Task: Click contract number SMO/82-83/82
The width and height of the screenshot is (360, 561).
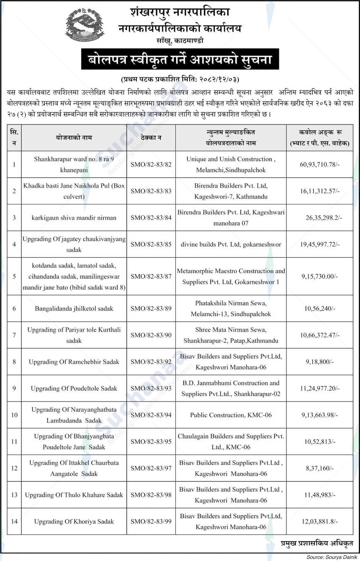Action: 151,164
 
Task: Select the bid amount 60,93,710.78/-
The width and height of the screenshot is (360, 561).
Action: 319,164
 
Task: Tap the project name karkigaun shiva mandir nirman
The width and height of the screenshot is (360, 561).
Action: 74,218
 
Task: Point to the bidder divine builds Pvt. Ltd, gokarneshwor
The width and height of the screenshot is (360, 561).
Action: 231,244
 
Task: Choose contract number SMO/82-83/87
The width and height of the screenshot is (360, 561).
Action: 151,277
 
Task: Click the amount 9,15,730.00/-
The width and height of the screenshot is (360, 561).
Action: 319,277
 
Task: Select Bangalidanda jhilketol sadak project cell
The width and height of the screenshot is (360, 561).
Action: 74,309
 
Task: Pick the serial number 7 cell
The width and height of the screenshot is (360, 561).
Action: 14,335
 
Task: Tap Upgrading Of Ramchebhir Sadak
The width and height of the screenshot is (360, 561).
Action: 74,362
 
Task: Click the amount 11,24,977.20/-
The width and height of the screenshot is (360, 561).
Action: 319,388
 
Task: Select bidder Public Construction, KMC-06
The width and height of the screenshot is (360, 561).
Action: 231,415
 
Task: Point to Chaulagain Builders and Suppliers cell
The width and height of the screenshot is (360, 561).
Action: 231,442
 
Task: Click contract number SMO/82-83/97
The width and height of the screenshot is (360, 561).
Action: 151,468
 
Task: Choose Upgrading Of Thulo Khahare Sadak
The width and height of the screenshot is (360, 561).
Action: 74,495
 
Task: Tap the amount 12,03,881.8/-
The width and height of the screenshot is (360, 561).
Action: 319,521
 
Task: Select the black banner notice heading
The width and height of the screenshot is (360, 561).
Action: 180,59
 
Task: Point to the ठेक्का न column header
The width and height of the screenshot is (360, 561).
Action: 151,138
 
